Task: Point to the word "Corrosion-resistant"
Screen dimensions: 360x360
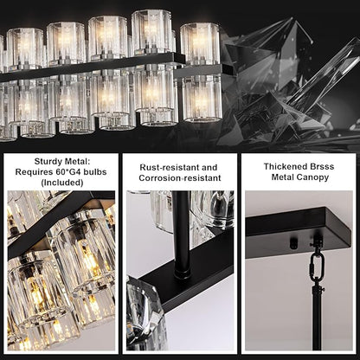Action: point(180,177)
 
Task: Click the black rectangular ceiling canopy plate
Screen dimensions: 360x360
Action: point(299,233)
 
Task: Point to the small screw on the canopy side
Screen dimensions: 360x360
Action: point(292,245)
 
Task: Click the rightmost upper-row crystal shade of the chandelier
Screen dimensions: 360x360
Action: point(199,42)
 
